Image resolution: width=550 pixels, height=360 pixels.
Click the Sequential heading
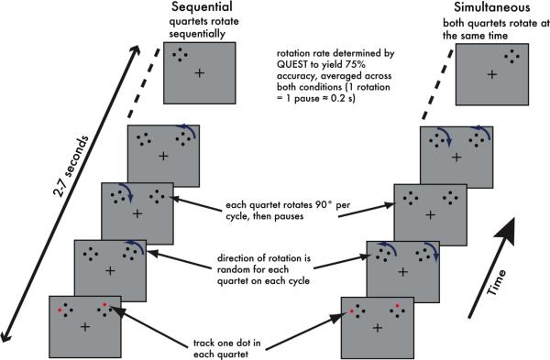click(x=202, y=7)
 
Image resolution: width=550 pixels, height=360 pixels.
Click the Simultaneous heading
click(x=491, y=7)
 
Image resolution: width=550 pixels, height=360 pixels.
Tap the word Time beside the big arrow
click(x=497, y=282)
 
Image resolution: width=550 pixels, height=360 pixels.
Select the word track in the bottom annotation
click(x=203, y=343)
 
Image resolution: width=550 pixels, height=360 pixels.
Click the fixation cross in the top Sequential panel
click(x=200, y=73)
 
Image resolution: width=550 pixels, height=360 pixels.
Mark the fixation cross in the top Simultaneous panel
click(x=492, y=74)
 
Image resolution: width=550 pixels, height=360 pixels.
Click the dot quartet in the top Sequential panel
click(x=180, y=55)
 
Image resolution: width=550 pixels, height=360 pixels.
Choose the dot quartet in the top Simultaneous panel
click(x=511, y=57)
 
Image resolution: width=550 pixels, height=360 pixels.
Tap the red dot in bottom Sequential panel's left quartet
click(x=60, y=311)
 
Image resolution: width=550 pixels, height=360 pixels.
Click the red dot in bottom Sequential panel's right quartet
click(x=104, y=304)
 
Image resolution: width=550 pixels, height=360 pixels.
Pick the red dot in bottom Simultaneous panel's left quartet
click(x=352, y=311)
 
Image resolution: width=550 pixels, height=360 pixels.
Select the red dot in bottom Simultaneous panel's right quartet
click(x=397, y=306)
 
